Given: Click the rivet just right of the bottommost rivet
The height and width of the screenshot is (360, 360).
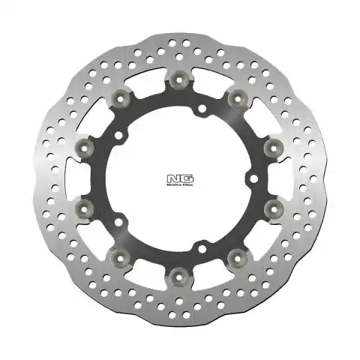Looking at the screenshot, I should pyautogui.click(x=237, y=257).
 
